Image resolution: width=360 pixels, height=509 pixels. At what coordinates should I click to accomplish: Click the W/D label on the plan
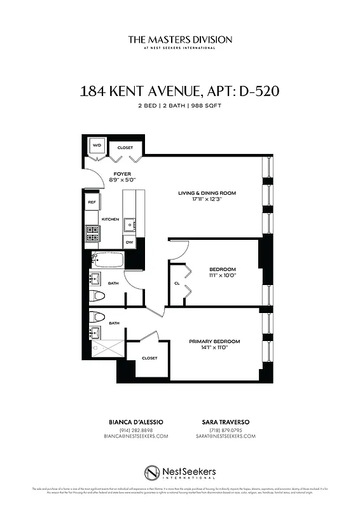coord(97,146)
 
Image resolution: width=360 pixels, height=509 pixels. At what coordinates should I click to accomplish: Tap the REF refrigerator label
coord(92,202)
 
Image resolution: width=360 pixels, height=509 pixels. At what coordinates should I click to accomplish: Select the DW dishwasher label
coord(129,242)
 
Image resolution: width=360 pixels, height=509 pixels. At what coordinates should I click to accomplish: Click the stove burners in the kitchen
coord(92,235)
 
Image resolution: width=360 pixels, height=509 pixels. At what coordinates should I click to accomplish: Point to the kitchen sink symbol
coord(129,223)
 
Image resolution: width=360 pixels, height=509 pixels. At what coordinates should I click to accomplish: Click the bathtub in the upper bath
coord(105,260)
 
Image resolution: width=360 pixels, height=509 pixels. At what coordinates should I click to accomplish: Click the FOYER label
coord(122,174)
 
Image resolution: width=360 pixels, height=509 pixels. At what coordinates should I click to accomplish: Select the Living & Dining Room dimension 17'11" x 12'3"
coord(207,199)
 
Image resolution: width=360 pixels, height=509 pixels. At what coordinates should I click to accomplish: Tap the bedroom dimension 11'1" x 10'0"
coord(222,275)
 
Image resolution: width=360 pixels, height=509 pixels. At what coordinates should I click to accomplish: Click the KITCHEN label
coord(110,220)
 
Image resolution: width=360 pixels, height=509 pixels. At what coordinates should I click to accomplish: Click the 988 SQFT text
coord(209,106)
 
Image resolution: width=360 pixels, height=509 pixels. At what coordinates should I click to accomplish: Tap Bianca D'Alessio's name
coord(135,422)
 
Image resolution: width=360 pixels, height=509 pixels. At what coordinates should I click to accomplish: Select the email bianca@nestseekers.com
coord(135,436)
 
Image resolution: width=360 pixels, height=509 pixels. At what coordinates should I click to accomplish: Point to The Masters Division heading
coord(180,39)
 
